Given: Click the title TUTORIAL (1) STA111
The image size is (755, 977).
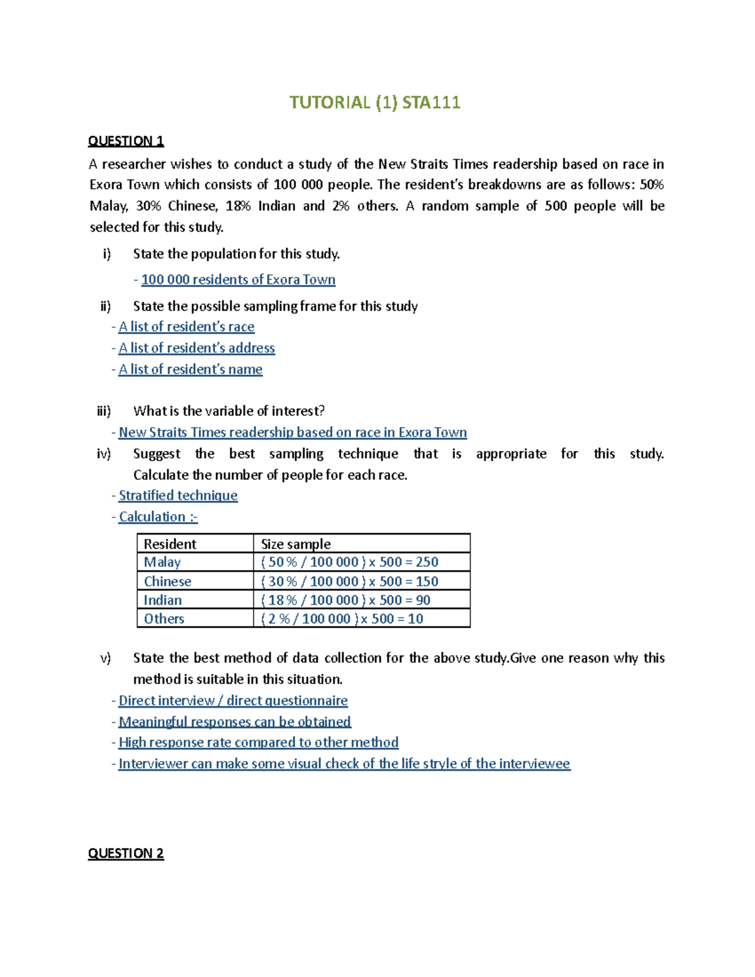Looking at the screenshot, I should [374, 103].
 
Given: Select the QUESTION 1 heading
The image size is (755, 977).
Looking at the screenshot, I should [126, 141].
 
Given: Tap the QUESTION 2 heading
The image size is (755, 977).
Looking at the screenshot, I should [126, 853].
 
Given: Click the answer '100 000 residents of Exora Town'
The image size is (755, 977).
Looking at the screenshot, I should [238, 280].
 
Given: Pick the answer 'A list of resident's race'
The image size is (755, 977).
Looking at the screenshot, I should [186, 327].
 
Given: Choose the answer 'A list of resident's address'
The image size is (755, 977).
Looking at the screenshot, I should [196, 349].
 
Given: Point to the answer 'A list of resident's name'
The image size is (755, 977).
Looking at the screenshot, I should [190, 370].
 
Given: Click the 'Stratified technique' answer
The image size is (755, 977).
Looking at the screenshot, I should [178, 496].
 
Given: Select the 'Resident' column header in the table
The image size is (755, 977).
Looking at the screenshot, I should [170, 544].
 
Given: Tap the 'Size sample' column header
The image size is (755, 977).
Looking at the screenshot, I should [296, 544].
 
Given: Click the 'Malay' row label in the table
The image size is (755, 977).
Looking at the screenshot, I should [162, 562].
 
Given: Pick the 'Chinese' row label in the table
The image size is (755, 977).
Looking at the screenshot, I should [167, 581].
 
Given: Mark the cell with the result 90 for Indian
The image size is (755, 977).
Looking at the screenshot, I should [345, 600].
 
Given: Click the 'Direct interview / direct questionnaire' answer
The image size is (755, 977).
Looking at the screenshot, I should [233, 701].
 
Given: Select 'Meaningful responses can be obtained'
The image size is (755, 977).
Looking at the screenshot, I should [235, 722].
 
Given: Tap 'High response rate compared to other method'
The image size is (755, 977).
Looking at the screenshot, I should [258, 743].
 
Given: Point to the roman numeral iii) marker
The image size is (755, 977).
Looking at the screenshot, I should [104, 411].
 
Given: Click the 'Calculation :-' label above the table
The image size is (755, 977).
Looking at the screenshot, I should [158, 517].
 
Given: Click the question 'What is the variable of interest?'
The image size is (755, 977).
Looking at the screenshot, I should [229, 411].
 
